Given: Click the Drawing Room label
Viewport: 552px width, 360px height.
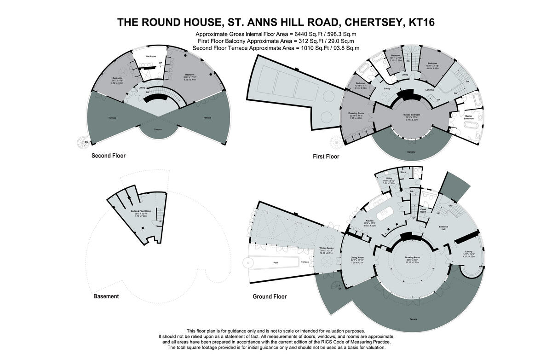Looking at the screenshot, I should tap(413, 257).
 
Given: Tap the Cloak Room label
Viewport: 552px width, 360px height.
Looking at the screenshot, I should tap(423, 210).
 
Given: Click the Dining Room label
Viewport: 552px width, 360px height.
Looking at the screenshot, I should tap(357, 257).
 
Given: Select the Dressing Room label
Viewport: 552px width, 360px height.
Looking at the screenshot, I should tap(356, 113).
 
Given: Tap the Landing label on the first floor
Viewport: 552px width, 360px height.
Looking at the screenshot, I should tap(429, 90).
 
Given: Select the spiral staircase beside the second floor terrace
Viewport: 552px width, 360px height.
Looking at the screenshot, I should tap(83, 142).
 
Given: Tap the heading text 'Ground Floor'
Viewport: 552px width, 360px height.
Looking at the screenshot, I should tap(270, 296).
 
